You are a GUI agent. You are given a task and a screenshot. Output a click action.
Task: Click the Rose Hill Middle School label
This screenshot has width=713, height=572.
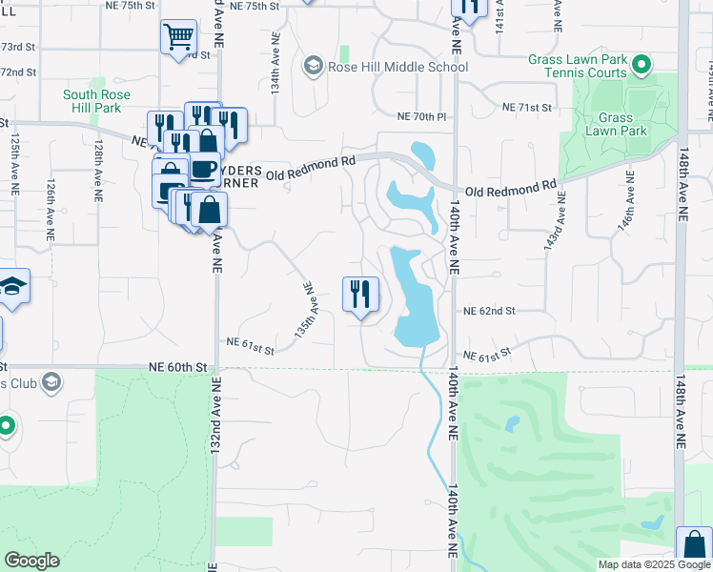[397, 67]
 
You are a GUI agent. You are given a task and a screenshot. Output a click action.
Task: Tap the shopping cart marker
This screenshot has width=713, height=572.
[178, 38]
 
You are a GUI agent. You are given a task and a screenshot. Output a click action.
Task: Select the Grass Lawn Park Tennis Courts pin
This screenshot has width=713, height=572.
[642, 65]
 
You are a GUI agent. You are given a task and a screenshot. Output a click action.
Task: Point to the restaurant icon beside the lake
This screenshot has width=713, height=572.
[360, 293]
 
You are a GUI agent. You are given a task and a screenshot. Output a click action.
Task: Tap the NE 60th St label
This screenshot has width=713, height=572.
[178, 367]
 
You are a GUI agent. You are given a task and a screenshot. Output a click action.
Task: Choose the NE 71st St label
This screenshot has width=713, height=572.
[527, 108]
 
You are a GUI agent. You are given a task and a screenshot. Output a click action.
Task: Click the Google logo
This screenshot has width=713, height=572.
[31, 561]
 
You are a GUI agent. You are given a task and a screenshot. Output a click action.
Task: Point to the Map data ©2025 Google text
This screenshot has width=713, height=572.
[654, 564]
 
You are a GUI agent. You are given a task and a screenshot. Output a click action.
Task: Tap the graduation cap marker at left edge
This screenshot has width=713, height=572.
[11, 287]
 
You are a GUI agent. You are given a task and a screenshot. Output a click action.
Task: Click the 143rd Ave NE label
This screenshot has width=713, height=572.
[554, 221]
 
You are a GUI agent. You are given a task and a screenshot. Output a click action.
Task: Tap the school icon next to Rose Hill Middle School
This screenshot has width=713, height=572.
[312, 66]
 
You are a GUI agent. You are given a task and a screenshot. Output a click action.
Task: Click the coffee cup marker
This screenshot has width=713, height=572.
[202, 169]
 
